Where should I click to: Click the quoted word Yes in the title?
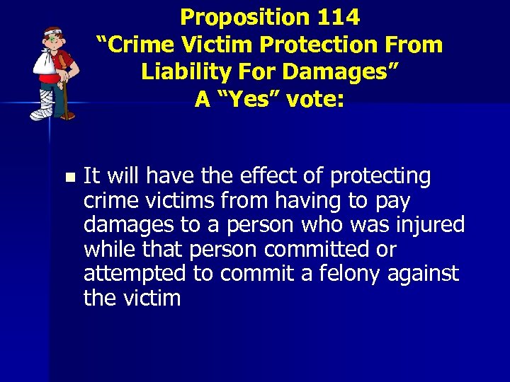click(243, 100)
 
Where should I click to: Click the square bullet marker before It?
click(68, 177)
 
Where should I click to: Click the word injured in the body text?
click(431, 225)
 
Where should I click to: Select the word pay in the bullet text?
click(393, 201)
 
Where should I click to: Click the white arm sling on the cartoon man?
click(43, 68)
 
